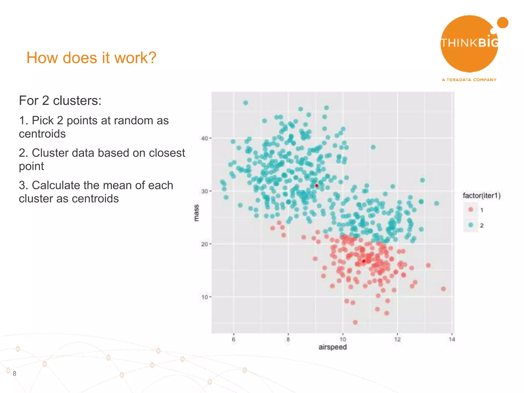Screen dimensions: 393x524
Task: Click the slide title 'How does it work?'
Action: click(x=91, y=58)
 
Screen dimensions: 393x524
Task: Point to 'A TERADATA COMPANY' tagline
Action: click(x=469, y=80)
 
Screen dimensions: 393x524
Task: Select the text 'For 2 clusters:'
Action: click(x=60, y=101)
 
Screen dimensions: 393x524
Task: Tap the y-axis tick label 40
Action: click(x=204, y=138)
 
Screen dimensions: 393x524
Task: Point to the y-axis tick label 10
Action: click(x=204, y=297)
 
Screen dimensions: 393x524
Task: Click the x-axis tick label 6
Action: click(x=233, y=340)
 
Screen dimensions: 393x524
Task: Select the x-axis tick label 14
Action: click(x=452, y=340)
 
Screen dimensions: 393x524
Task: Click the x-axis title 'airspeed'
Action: click(x=332, y=347)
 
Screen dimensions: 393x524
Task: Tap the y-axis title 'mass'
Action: click(x=196, y=213)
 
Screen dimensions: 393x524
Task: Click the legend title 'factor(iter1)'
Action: click(x=482, y=196)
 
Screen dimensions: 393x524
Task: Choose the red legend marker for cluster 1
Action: click(x=471, y=210)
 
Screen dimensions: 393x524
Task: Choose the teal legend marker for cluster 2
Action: click(x=471, y=225)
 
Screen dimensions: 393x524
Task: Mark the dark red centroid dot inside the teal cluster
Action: click(x=316, y=185)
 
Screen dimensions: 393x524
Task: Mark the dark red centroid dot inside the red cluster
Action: click(x=364, y=261)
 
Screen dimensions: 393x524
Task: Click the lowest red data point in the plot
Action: click(x=355, y=322)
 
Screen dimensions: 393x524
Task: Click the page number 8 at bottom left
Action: click(x=15, y=374)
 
